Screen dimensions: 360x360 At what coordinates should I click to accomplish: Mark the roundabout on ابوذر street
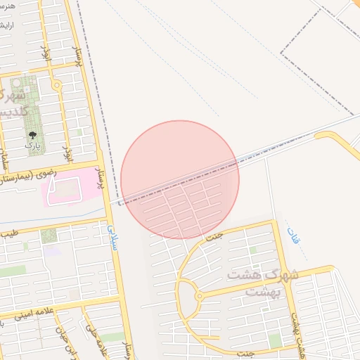pos(57,86)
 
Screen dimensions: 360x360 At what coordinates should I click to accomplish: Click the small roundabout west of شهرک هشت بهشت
pos(199,297)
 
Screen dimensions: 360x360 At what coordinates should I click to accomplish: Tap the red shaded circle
pos(180,179)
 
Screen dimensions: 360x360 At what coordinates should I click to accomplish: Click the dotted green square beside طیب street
pos(49,236)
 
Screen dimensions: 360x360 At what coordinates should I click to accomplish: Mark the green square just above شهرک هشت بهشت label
pos(252,250)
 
